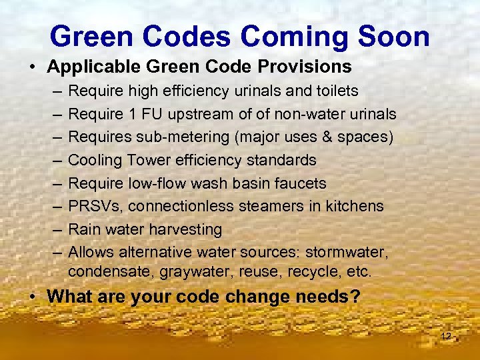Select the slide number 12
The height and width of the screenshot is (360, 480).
pos(446,336)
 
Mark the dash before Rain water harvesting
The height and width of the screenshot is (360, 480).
pos(55,229)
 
